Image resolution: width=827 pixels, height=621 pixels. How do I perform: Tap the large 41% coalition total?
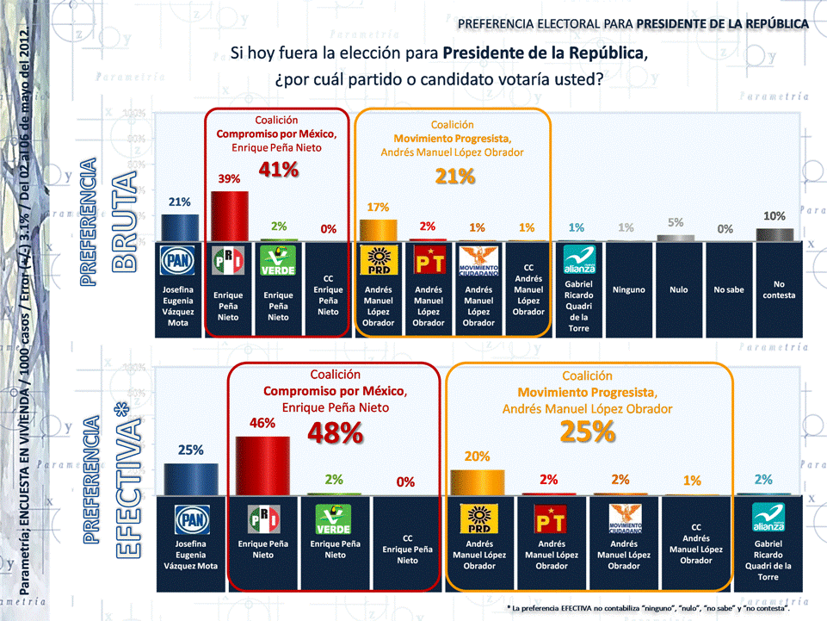click(x=278, y=170)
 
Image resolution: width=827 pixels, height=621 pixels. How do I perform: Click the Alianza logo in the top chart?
click(x=578, y=259)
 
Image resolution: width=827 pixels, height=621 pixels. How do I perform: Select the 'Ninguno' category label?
click(x=628, y=290)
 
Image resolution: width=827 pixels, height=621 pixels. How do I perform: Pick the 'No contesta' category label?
click(x=779, y=290)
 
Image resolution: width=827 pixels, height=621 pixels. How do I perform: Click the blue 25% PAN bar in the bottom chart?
click(x=190, y=479)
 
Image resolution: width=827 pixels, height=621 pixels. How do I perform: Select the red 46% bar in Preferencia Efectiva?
click(x=262, y=465)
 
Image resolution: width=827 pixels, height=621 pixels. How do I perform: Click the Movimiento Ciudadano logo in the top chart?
click(x=478, y=259)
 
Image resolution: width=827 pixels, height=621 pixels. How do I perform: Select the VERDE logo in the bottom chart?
click(x=335, y=519)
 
